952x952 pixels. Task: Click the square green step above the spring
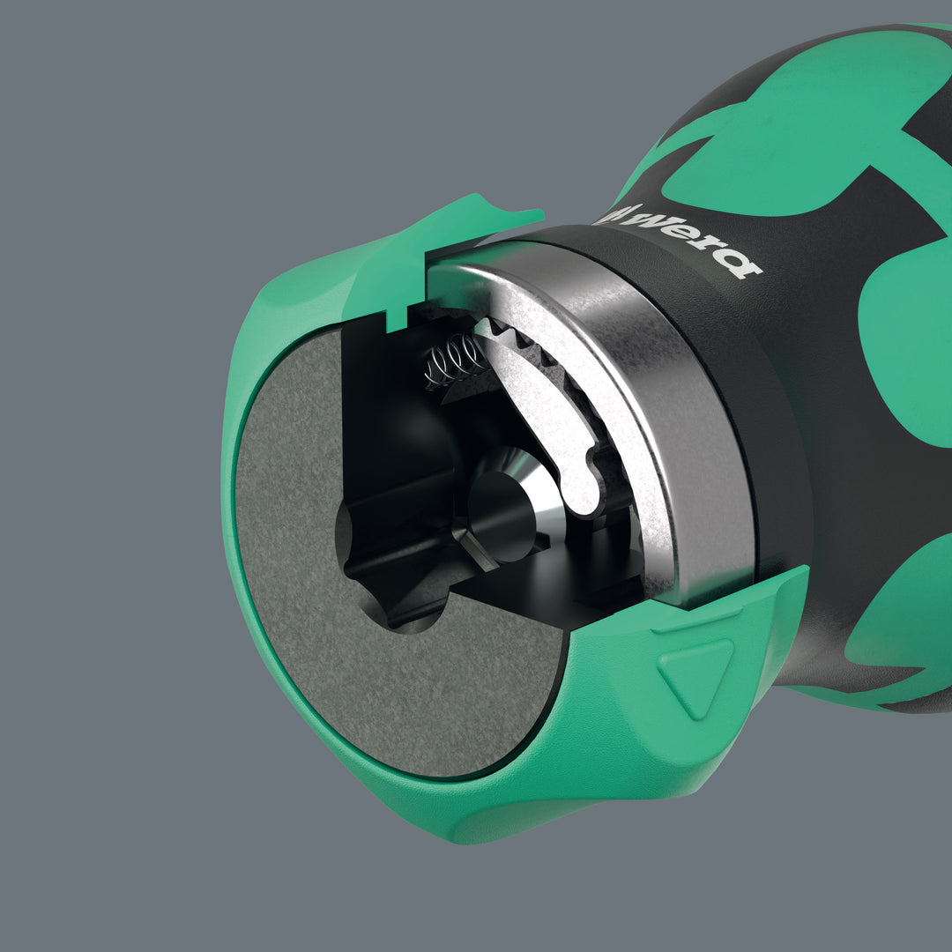401,309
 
